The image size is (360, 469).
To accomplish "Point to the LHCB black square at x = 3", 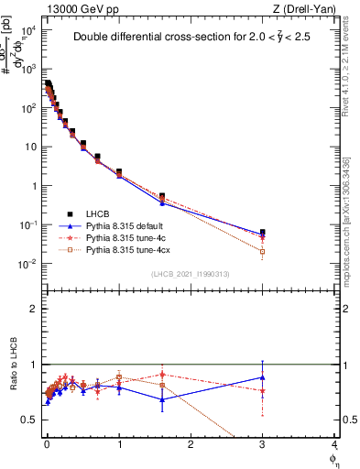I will [263, 233].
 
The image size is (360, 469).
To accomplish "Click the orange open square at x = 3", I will [263, 251].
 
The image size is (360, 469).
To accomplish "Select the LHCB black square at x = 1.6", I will [162, 196].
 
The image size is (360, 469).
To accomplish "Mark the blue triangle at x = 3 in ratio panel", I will [263, 376].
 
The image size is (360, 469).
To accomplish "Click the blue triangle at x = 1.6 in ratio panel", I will [162, 399].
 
